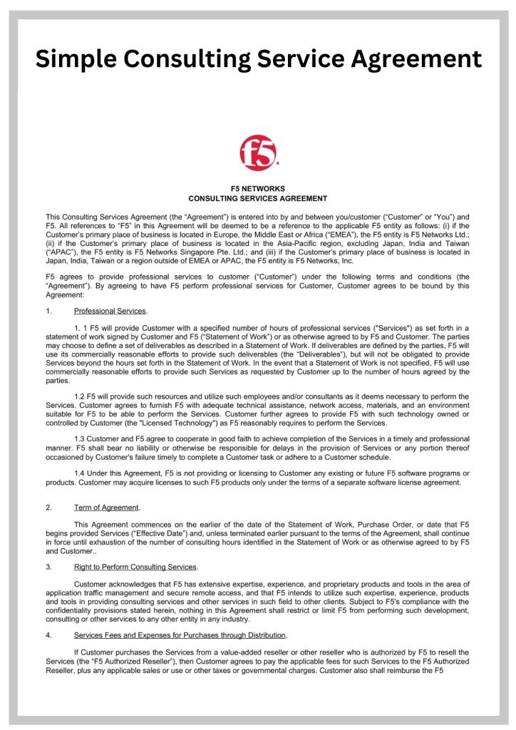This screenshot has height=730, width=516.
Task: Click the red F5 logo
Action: pos(258,153)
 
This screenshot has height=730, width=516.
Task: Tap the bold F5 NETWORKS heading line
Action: pos(257,188)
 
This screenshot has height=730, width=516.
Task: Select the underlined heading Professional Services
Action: pos(110,311)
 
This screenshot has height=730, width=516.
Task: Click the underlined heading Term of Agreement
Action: pos(107,508)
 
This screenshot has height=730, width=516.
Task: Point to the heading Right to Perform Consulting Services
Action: pos(135,567)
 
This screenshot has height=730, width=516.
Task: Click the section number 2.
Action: pos(48,508)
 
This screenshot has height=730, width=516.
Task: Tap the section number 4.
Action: pos(48,634)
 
